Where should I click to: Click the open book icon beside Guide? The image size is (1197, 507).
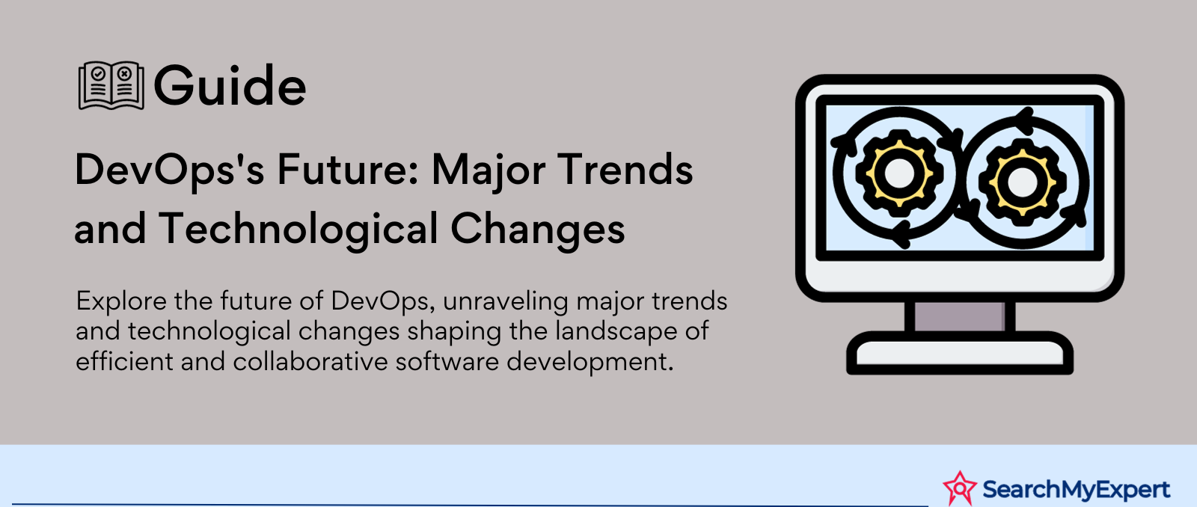click(111, 85)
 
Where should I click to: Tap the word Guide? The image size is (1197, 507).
click(230, 85)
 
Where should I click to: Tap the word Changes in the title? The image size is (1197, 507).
click(538, 230)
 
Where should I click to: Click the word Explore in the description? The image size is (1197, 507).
click(121, 302)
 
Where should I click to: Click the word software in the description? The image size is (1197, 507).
click(447, 361)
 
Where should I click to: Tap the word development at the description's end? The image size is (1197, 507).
click(590, 363)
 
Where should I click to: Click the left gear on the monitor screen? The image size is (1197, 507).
click(898, 173)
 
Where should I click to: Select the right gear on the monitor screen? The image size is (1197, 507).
click(1022, 182)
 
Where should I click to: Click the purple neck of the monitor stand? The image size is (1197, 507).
click(960, 316)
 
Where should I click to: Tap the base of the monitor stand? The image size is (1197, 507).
click(960, 353)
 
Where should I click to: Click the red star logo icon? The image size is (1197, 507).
click(960, 488)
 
